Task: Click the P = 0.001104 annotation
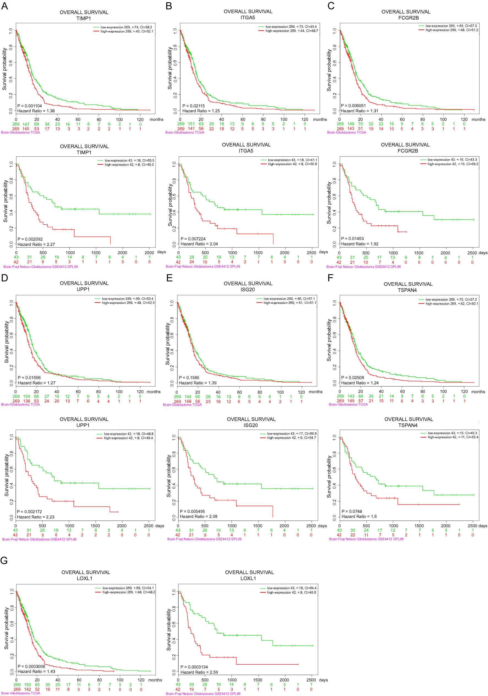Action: [x=29, y=106]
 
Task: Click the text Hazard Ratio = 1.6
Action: [x=359, y=516]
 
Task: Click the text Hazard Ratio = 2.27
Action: [x=36, y=244]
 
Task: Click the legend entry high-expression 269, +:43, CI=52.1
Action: [x=127, y=31]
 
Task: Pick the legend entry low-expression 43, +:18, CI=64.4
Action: [x=291, y=588]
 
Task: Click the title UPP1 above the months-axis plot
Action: [x=83, y=289]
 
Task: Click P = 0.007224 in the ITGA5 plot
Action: [x=193, y=239]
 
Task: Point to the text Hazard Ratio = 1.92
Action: [x=359, y=244]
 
